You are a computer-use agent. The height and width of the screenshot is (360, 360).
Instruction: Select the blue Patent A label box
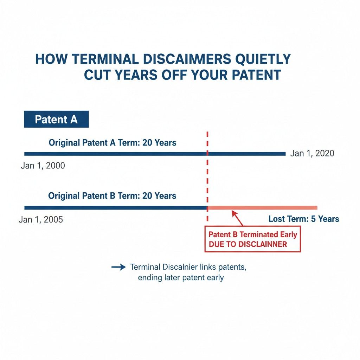tap(56, 120)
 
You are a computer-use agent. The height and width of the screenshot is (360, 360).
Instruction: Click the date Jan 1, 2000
tap(43, 165)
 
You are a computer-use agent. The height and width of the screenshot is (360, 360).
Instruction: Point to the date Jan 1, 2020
tap(312, 154)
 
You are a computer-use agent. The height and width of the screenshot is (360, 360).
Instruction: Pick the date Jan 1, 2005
tap(41, 220)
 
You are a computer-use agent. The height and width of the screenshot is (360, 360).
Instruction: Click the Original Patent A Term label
tap(112, 143)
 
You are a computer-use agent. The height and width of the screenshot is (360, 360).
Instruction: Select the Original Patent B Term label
tap(112, 196)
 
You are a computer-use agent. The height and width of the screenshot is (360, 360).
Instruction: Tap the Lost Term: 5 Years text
tap(304, 219)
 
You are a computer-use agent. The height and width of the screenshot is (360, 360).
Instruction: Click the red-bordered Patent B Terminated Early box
tap(252, 239)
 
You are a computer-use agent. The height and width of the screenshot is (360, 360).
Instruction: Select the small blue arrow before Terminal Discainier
tap(118, 267)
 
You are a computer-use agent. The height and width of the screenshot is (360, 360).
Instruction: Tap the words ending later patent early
tap(181, 277)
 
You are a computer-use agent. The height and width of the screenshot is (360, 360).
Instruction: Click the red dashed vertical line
tap(208, 176)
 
